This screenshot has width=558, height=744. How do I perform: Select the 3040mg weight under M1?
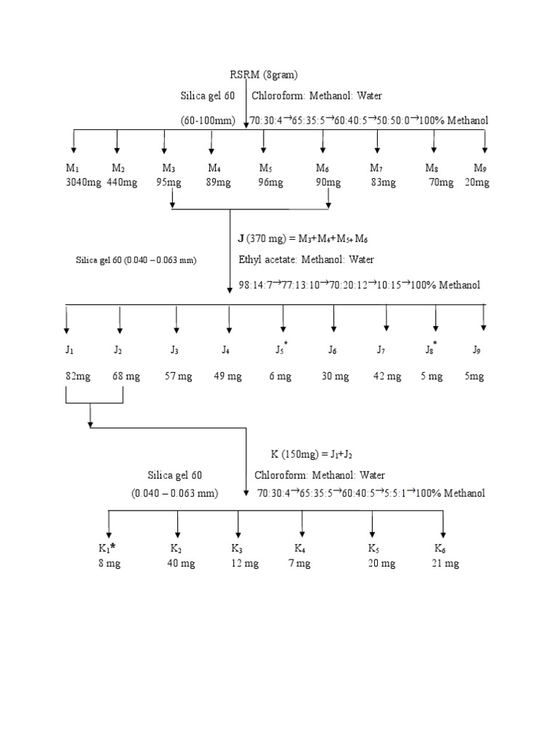pos(83,182)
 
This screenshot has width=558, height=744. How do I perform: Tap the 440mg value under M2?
pos(121,182)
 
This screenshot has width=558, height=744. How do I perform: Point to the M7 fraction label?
pos(376,169)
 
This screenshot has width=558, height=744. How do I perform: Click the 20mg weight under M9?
pos(477,182)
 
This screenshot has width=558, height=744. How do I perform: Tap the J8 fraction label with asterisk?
pos(432,349)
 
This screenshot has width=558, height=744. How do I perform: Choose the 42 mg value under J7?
pos(387,376)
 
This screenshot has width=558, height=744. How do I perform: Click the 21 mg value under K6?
pos(445,563)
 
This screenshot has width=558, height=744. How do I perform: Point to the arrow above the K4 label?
pos(302,525)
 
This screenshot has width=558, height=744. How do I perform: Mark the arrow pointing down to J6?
pos(333,320)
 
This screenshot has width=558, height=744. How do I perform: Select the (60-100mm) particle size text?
pos(208,121)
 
